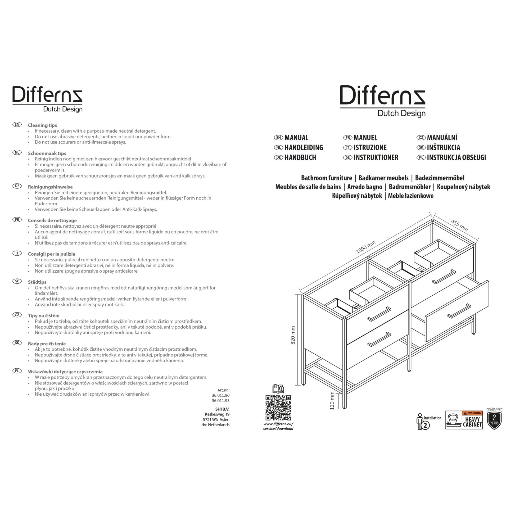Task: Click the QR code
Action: (278, 408)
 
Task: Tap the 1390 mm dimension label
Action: (366, 247)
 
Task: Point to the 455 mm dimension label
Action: (459, 225)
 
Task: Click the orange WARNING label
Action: (472, 413)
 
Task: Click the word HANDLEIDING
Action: (304, 148)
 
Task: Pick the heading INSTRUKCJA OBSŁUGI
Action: (456, 157)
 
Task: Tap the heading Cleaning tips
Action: (42, 125)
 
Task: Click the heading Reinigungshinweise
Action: (50, 187)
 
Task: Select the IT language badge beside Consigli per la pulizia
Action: (17, 253)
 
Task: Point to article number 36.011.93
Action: (220, 401)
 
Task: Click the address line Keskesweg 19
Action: (217, 414)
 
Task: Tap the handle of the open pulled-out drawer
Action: (459, 311)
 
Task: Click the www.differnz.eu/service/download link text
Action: (278, 426)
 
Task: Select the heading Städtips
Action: (37, 282)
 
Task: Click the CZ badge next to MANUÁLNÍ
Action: (421, 138)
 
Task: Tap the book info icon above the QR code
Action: (278, 389)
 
